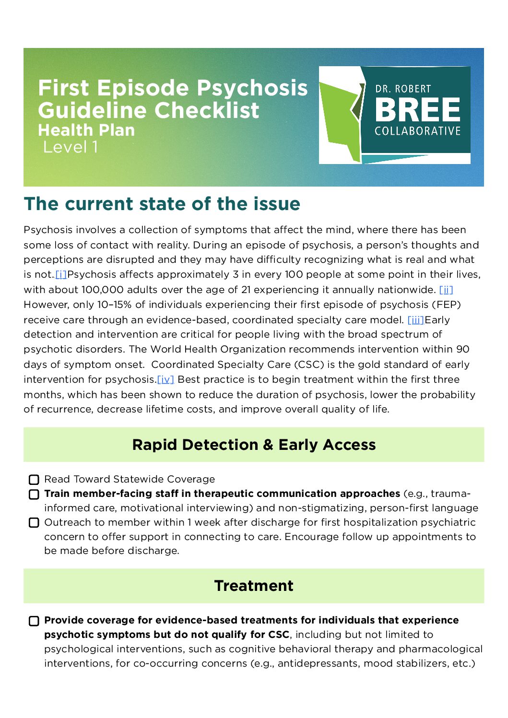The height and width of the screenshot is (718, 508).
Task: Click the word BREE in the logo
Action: (417, 110)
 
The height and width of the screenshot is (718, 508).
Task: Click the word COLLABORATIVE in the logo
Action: (417, 131)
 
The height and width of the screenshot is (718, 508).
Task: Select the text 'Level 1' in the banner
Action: (71, 147)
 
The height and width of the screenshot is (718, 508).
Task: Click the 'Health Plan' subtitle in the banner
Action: (86, 130)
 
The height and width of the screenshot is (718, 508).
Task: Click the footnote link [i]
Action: (61, 275)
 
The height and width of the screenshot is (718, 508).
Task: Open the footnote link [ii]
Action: (446, 290)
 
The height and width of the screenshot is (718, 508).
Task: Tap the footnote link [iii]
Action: (415, 320)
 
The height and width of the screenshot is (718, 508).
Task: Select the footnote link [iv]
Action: (165, 379)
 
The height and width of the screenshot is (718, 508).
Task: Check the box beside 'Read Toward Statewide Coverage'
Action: (34, 480)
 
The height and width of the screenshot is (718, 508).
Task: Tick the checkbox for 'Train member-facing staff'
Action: (34, 494)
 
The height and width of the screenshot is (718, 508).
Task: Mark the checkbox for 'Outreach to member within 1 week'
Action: (34, 522)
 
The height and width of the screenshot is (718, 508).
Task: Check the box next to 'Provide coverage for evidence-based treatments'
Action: (34, 621)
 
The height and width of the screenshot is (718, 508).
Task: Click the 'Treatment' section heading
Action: (254, 586)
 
